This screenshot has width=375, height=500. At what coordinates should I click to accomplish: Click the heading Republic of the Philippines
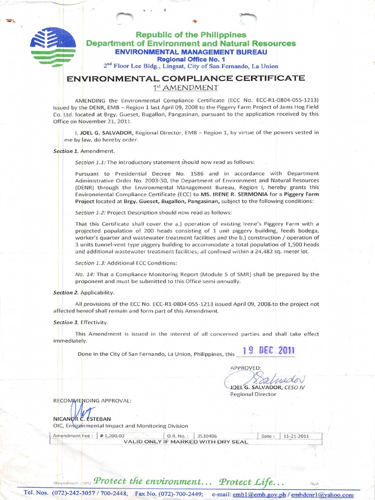[x=190, y=35]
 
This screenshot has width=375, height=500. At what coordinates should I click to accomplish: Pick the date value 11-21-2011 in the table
[x=294, y=436]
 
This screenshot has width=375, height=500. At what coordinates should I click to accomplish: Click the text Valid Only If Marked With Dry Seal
[x=186, y=442]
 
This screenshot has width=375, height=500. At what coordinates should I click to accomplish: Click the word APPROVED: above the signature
[x=246, y=367]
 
